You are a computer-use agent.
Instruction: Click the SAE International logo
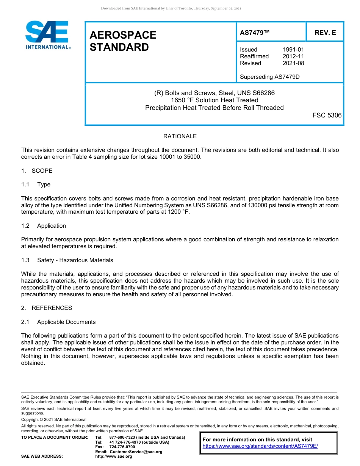tap(47, 35)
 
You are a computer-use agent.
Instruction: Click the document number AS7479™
tap(255, 33)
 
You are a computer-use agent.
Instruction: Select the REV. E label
tap(325, 33)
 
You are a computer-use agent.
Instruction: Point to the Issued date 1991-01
tap(293, 50)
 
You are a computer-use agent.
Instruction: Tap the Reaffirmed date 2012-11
tap(293, 56)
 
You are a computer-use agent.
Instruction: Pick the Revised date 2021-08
tap(293, 63)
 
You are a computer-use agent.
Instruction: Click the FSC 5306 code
tap(327, 115)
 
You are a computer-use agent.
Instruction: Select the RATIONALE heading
tap(180, 136)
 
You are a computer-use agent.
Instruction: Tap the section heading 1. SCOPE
tap(37, 171)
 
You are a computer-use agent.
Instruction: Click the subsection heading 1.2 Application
tap(44, 226)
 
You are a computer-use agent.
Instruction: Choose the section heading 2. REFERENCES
tap(47, 308)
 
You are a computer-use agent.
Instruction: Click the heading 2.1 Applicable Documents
tap(59, 322)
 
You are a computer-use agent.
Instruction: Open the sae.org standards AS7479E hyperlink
tap(260, 446)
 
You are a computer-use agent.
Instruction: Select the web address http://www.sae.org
tap(114, 457)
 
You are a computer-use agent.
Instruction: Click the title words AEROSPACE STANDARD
tap(123, 41)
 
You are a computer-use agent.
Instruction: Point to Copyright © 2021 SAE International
tap(54, 420)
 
